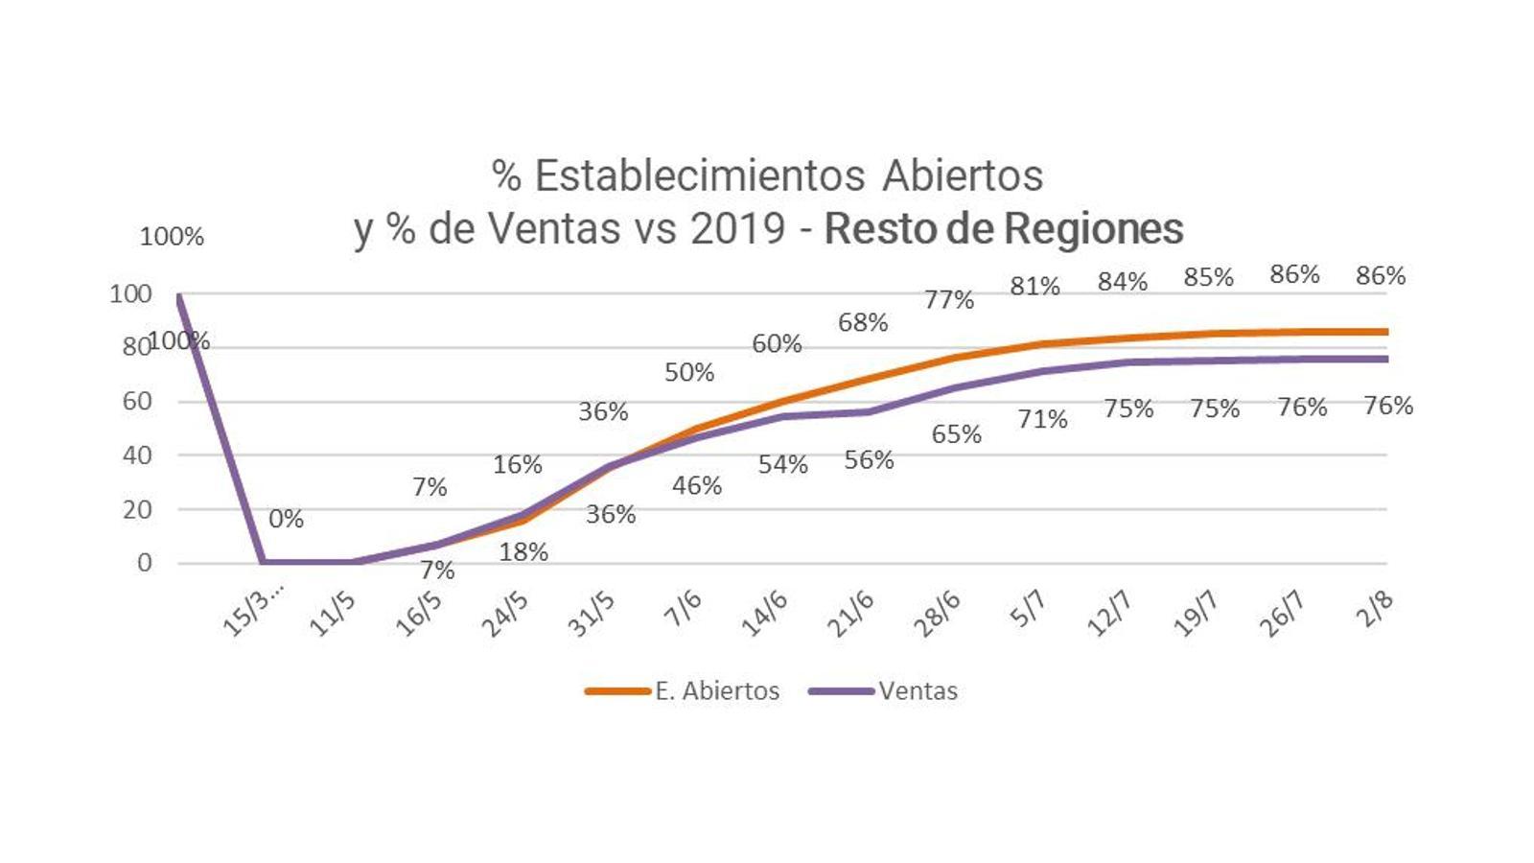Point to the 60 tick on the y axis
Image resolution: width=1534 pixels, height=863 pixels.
[x=137, y=401]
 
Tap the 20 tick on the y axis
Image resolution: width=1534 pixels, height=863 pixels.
[x=137, y=509]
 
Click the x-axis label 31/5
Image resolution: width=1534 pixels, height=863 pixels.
[x=592, y=614]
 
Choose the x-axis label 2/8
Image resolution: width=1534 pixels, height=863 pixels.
[x=1375, y=610]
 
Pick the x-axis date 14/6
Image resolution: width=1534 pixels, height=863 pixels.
[x=764, y=614]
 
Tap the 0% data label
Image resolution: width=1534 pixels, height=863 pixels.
[x=286, y=519]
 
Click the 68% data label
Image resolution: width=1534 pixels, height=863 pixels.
[x=863, y=322]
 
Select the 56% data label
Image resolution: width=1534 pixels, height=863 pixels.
[x=869, y=460]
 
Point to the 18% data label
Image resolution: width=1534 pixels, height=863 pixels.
[x=523, y=552]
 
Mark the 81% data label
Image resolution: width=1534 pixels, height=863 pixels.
[x=1034, y=286]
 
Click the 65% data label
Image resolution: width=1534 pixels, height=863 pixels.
[x=956, y=434]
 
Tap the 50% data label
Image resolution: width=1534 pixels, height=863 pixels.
[x=689, y=372]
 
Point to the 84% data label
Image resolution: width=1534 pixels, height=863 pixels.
[x=1123, y=282]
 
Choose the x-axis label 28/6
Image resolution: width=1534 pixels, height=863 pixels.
[x=937, y=614]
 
